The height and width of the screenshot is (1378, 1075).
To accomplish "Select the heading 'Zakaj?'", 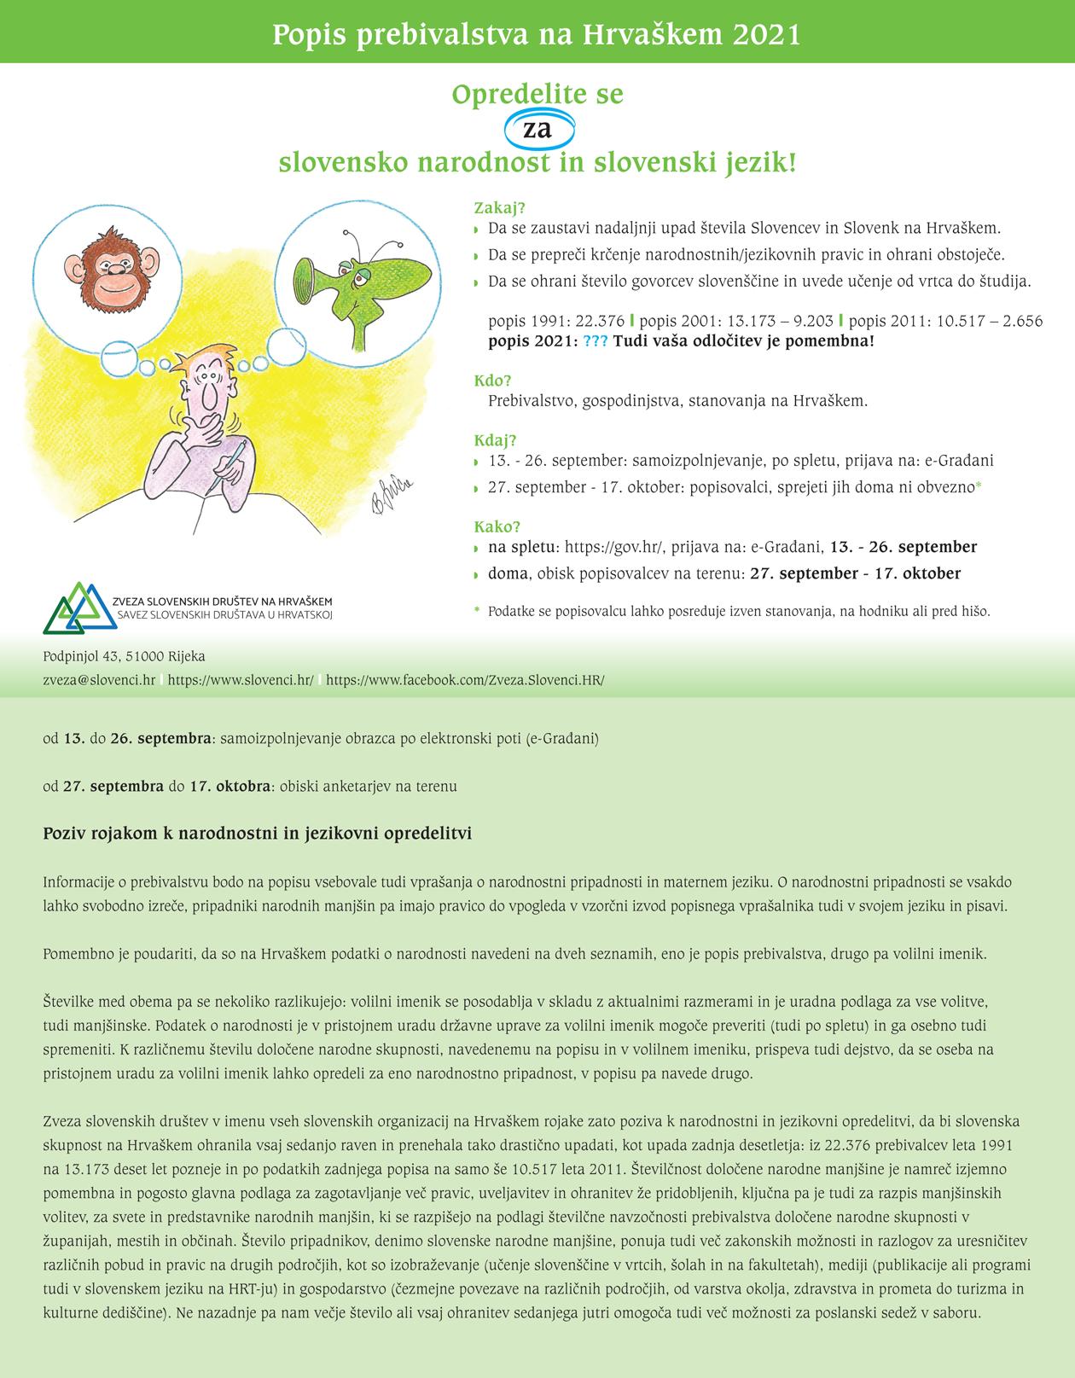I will coord(499,208).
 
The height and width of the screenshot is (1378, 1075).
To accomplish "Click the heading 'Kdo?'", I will coord(492,381).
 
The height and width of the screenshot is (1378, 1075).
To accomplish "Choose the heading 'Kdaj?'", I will coord(496,440).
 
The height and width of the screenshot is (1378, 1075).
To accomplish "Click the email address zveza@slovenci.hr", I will coord(99,681).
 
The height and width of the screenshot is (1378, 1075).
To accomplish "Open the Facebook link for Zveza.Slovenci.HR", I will coord(465,681).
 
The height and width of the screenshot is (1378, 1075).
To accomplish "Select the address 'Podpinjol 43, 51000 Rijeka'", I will coord(125,656).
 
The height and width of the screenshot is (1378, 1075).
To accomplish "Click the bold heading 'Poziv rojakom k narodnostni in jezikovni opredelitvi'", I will coord(258,833).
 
